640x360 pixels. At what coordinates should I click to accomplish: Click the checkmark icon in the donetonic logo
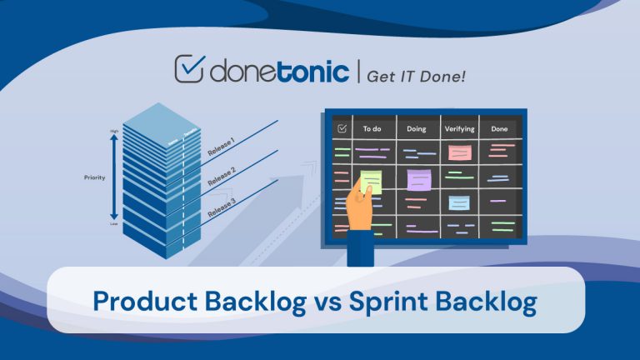(x=191, y=71)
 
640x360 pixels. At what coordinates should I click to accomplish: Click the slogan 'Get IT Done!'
(x=417, y=75)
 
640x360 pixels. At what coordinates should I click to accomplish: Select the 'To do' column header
(x=372, y=128)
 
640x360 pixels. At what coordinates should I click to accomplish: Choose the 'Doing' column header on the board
(x=416, y=128)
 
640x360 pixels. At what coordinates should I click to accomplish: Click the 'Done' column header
(x=500, y=128)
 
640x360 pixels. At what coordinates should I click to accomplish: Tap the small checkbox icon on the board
(x=341, y=128)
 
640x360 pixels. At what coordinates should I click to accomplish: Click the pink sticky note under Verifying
(x=460, y=152)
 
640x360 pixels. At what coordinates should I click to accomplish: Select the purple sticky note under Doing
(x=418, y=178)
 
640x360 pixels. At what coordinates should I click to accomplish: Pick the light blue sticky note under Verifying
(x=459, y=202)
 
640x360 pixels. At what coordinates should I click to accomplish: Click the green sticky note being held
(x=371, y=182)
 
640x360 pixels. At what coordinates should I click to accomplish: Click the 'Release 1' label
(x=221, y=148)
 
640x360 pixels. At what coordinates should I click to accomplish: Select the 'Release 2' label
(x=221, y=177)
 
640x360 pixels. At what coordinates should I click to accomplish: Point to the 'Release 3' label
(x=221, y=205)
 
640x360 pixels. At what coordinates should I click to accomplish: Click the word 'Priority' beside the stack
(x=96, y=177)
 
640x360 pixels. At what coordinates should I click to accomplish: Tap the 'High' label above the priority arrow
(x=114, y=132)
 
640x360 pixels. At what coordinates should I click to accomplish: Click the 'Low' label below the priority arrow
(x=114, y=223)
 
